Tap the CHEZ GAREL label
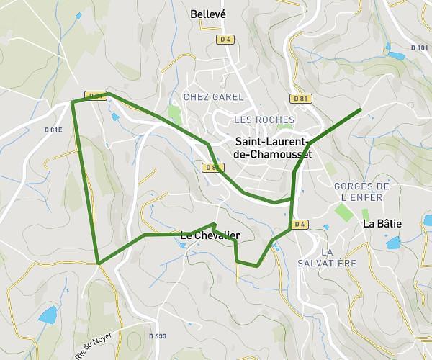[x=214, y=96]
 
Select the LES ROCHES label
[x=264, y=120]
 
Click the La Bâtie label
[x=382, y=223]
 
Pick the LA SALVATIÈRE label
[x=338, y=257]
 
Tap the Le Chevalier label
[x=210, y=235]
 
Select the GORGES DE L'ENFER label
[x=362, y=191]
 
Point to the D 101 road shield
[x=419, y=48]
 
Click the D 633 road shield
[x=157, y=336]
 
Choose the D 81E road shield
[x=53, y=130]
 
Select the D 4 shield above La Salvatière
[x=300, y=224]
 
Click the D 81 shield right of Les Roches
[x=301, y=98]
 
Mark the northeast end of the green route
[x=359, y=109]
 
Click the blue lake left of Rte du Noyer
[x=48, y=315]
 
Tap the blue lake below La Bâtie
[x=393, y=243]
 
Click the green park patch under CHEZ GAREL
[x=174, y=114]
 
